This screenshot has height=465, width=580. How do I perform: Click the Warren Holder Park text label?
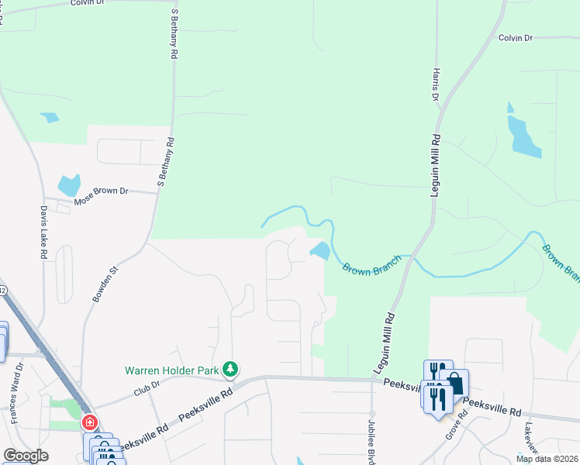pyautogui.click(x=172, y=370)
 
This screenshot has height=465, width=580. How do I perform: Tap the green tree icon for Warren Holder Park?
pyautogui.click(x=230, y=370)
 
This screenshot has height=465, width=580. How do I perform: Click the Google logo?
pyautogui.click(x=26, y=456)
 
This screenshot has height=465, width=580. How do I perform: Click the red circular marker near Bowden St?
pyautogui.click(x=90, y=423)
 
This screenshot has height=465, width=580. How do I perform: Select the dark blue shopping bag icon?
pyautogui.click(x=454, y=383)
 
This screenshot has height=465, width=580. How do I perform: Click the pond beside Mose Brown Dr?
pyautogui.click(x=68, y=185)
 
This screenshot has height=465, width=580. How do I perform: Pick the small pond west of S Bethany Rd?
pyautogui.click(x=50, y=118)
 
